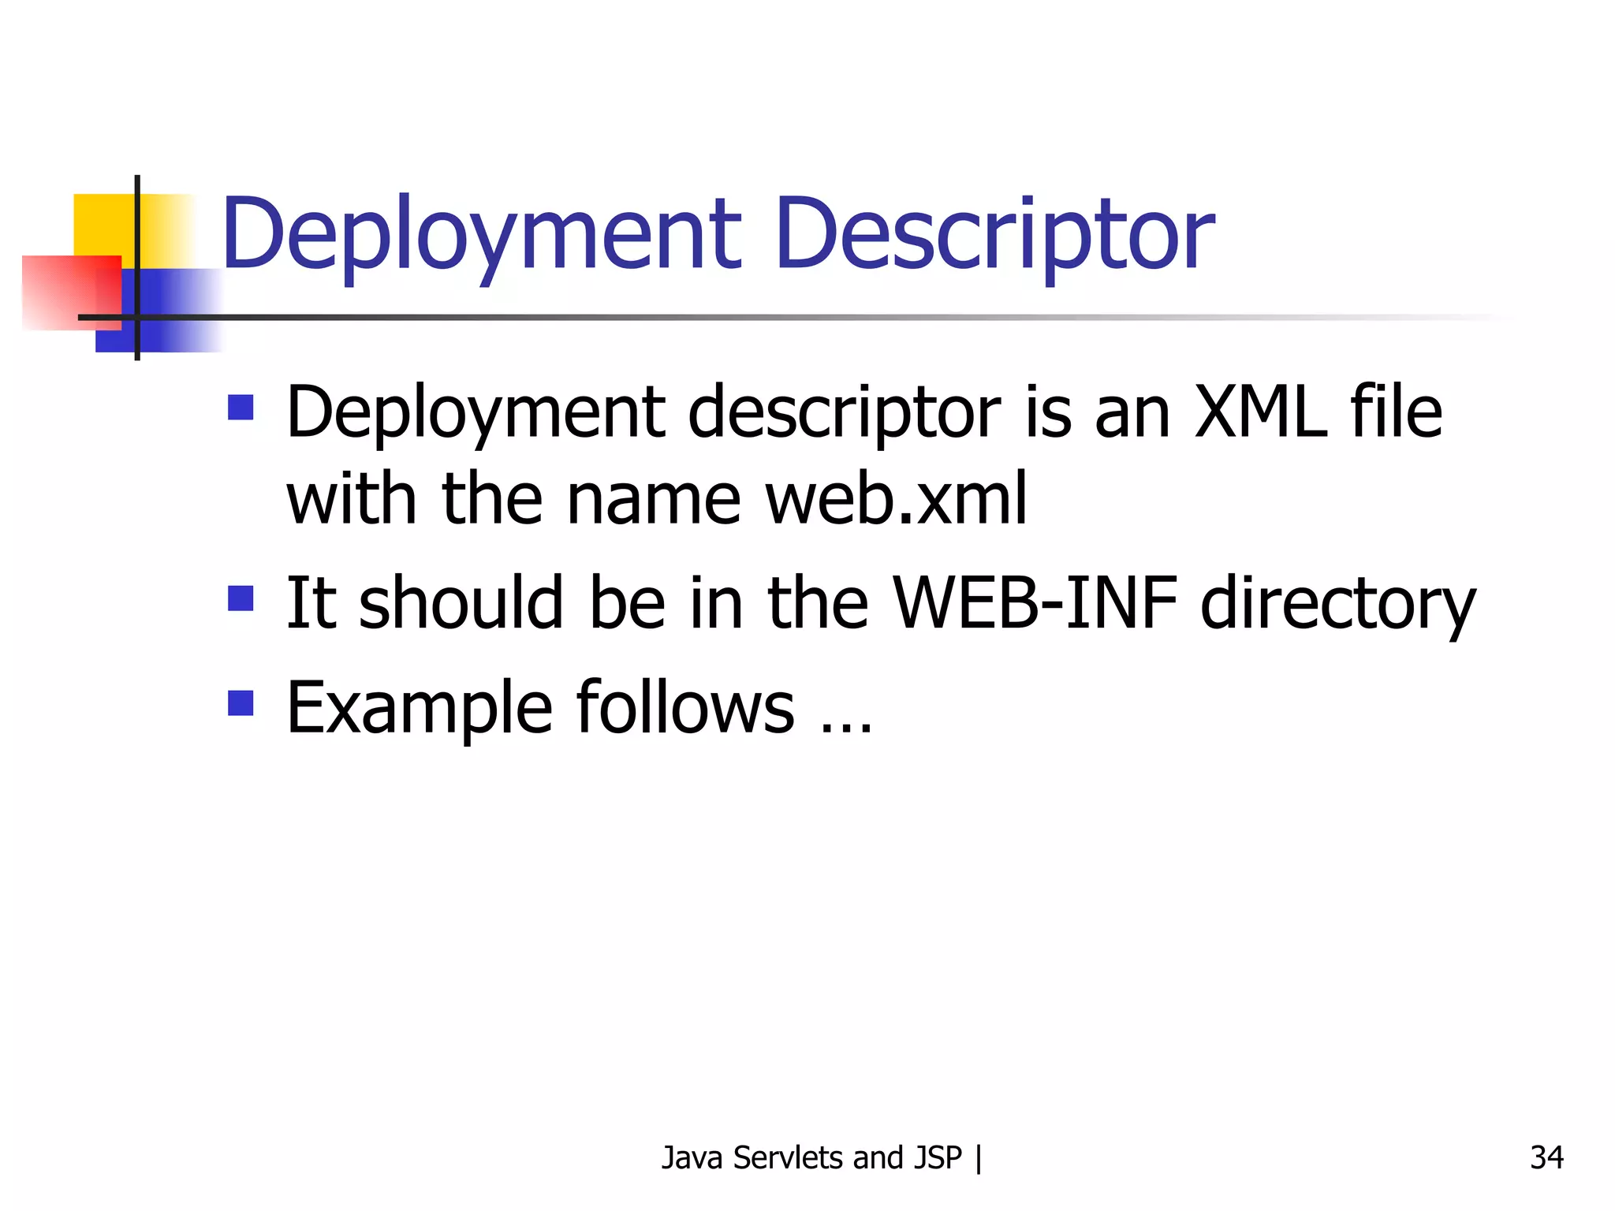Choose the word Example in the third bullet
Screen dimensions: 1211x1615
pos(419,708)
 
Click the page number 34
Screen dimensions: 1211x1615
pos(1546,1157)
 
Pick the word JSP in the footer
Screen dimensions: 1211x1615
pos(938,1157)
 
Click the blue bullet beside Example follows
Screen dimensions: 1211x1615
pos(241,702)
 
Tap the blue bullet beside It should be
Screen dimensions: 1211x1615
pos(241,598)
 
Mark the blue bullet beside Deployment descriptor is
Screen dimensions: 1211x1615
pos(241,408)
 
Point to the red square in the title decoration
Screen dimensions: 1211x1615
pos(59,292)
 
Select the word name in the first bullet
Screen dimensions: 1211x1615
pos(654,498)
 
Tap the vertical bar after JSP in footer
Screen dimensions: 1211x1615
pos(979,1157)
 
